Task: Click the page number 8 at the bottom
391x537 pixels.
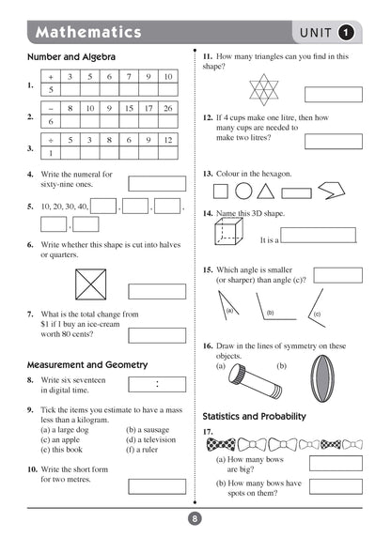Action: click(x=195, y=518)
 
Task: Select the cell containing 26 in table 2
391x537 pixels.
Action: click(x=167, y=108)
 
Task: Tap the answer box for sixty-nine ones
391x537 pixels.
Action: click(x=156, y=183)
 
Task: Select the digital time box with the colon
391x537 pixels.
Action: click(x=156, y=383)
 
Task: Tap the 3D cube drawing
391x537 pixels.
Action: click(x=229, y=235)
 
